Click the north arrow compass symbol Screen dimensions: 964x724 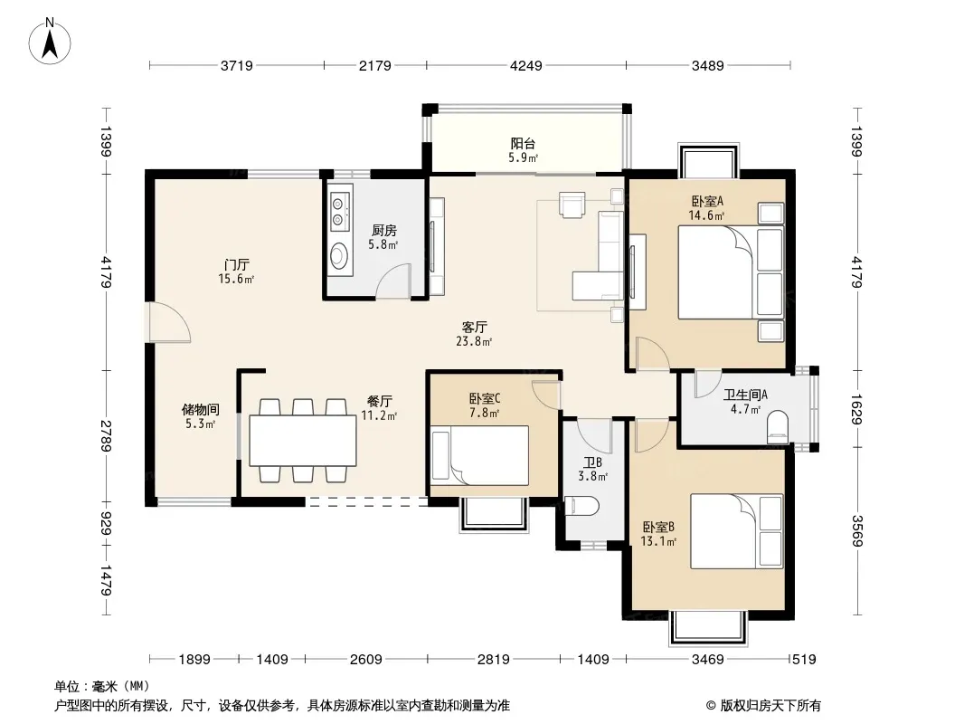[x=50, y=41]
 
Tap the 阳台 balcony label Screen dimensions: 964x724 [x=524, y=144]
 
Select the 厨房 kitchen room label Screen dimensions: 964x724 [x=383, y=231]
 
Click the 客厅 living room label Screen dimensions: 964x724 [x=475, y=327]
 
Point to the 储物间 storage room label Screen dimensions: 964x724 [x=201, y=410]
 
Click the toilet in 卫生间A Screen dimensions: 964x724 [x=778, y=426]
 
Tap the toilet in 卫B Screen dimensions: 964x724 [x=581, y=506]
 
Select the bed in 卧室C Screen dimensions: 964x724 [x=479, y=455]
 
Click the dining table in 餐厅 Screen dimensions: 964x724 [x=303, y=441]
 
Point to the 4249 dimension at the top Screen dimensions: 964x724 [x=526, y=65]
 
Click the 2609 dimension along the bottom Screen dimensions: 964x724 [x=366, y=660]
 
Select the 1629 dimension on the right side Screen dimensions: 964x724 [x=857, y=408]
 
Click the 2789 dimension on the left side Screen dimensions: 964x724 [x=107, y=436]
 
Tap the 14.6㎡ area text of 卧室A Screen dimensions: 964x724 [x=706, y=215]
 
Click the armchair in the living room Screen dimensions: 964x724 [x=572, y=205]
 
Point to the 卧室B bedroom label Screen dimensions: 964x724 [x=659, y=527]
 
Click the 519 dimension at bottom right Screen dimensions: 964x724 [x=804, y=660]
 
